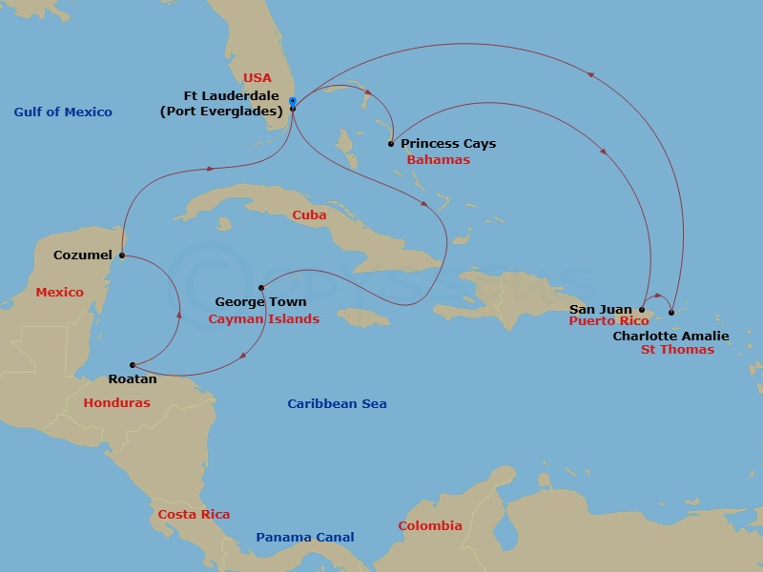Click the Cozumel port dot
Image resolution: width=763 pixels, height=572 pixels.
click(x=122, y=255)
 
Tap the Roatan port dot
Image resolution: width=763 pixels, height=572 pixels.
click(x=133, y=365)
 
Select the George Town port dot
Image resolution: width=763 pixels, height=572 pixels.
click(x=260, y=288)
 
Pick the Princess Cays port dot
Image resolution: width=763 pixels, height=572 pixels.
click(x=391, y=144)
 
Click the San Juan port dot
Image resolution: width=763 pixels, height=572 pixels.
click(x=642, y=310)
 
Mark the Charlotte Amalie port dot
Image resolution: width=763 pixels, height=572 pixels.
click(x=671, y=312)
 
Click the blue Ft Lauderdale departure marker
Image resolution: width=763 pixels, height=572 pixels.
click(x=293, y=101)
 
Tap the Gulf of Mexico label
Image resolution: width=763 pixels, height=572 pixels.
click(x=63, y=112)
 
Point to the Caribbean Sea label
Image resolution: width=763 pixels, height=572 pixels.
click(x=337, y=404)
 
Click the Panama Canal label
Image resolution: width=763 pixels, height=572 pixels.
click(x=304, y=538)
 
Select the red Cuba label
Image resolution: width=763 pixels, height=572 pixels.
click(x=309, y=215)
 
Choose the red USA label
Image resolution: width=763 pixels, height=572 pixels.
click(x=258, y=78)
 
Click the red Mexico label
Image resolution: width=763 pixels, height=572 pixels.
click(x=59, y=293)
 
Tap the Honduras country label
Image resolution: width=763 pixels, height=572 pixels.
click(x=116, y=403)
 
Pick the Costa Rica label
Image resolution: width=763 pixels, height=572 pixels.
click(x=194, y=515)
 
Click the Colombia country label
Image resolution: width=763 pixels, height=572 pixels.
click(x=429, y=526)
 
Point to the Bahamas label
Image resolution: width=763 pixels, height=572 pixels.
click(x=438, y=160)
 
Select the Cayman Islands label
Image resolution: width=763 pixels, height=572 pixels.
click(x=263, y=319)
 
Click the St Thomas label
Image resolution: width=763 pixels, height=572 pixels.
click(x=677, y=350)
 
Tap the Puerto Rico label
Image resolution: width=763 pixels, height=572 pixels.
click(x=608, y=321)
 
